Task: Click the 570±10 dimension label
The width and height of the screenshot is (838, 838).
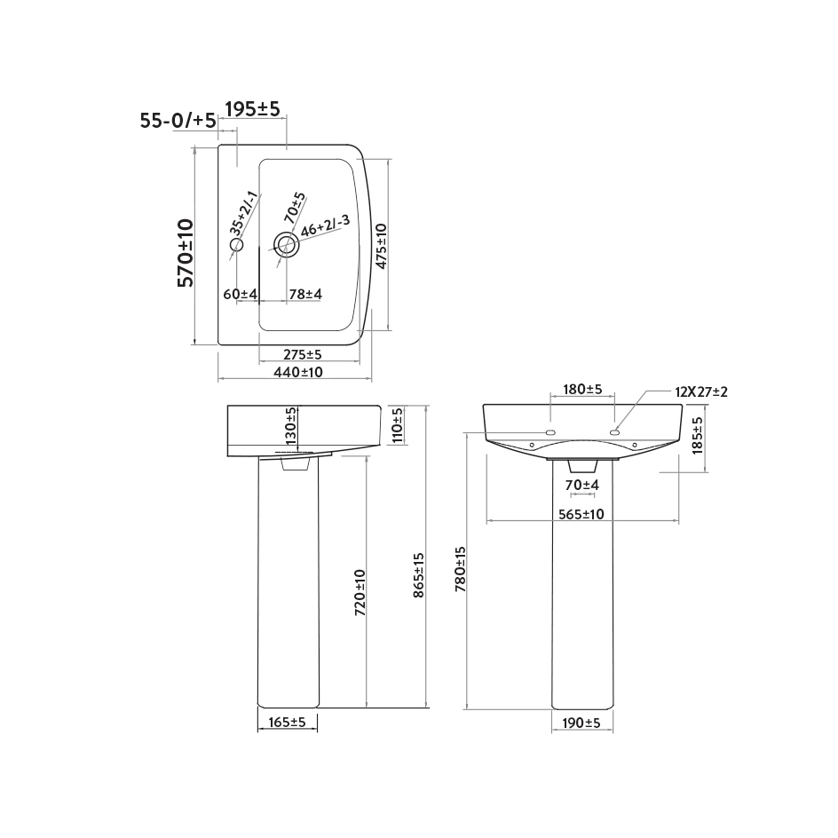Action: pyautogui.click(x=186, y=252)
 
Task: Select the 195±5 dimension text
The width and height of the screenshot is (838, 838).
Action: pyautogui.click(x=252, y=109)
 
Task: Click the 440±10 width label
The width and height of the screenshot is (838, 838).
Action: pyautogui.click(x=297, y=373)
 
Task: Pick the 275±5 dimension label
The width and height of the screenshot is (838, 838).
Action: pyautogui.click(x=296, y=354)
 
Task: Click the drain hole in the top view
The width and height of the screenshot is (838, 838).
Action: pyautogui.click(x=286, y=244)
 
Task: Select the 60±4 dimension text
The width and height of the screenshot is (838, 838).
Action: pyautogui.click(x=240, y=294)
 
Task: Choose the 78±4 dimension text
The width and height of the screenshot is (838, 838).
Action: pyautogui.click(x=305, y=294)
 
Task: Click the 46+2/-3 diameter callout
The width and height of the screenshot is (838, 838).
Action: pyautogui.click(x=325, y=226)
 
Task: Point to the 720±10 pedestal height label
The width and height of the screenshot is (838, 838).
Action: pyautogui.click(x=360, y=592)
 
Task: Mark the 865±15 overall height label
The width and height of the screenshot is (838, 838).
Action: pyautogui.click(x=419, y=575)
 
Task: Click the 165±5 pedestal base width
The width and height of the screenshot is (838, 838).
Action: pyautogui.click(x=286, y=723)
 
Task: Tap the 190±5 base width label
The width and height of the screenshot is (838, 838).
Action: pyautogui.click(x=581, y=723)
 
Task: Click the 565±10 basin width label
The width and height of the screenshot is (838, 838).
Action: pyautogui.click(x=581, y=514)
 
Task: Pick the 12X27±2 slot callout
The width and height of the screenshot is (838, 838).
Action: pyautogui.click(x=700, y=391)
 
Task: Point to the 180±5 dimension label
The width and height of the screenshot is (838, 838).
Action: pyautogui.click(x=582, y=390)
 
